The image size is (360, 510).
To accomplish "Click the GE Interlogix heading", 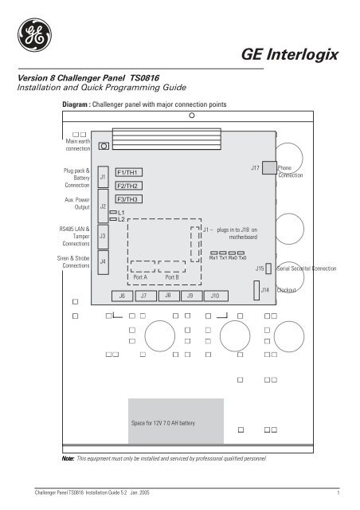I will tap(293, 54).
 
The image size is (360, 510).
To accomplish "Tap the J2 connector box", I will tap(103, 206).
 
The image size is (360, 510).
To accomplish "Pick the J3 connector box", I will tap(103, 236).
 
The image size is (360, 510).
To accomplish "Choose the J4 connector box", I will tap(103, 261).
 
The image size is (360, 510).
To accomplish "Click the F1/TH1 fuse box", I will tap(128, 172).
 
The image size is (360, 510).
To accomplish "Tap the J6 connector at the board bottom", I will tap(121, 296).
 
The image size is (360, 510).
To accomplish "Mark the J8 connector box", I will tap(168, 296).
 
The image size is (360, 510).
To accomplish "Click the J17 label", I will tap(256, 168).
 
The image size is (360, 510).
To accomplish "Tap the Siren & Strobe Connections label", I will tap(79, 262).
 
